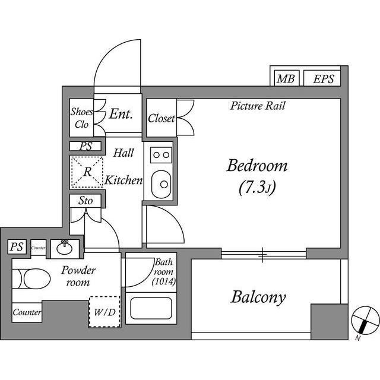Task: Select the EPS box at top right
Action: tap(323, 79)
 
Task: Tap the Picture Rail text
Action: tap(258, 107)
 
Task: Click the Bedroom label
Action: tap(256, 166)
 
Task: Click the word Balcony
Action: tap(258, 297)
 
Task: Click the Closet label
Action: tap(161, 119)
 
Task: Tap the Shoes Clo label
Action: tap(81, 118)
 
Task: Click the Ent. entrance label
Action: tap(120, 114)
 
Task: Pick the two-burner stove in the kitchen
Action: tap(160, 155)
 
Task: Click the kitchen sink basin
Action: tap(160, 184)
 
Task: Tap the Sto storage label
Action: tap(85, 201)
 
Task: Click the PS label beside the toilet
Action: tap(17, 247)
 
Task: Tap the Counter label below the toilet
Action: tap(26, 312)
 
